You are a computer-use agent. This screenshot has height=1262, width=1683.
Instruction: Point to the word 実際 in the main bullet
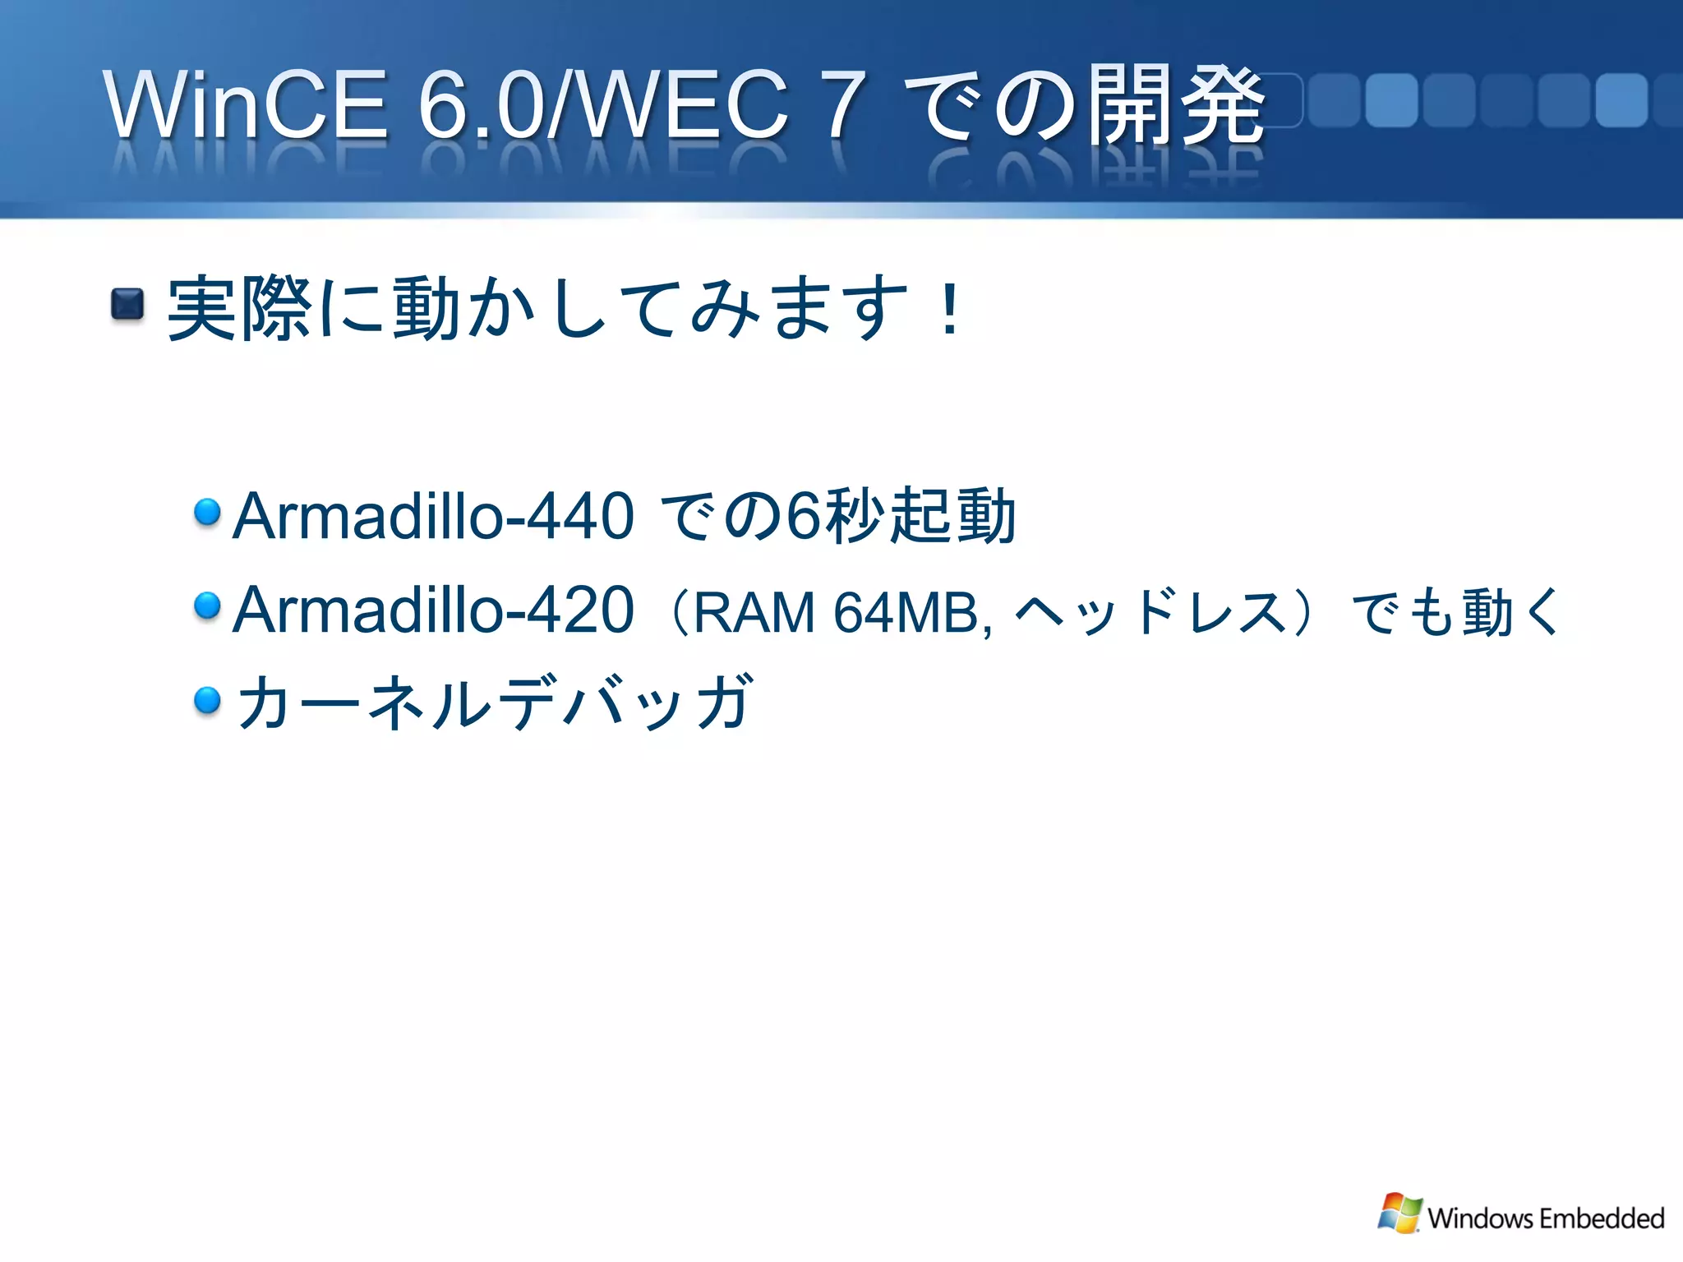tap(238, 309)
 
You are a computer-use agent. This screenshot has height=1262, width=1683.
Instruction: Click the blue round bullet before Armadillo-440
tap(207, 512)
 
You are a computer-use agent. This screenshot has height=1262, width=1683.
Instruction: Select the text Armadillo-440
tap(433, 516)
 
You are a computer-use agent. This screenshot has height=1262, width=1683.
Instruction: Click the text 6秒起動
tap(901, 516)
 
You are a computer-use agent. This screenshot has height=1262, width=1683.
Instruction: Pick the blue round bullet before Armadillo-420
tap(207, 606)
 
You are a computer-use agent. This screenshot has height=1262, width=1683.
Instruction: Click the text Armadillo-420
tap(433, 610)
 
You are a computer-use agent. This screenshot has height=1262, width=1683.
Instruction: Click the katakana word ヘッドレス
tap(1150, 613)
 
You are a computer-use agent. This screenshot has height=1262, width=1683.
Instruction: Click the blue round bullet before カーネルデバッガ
tap(207, 700)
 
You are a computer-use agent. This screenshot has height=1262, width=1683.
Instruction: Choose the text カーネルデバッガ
tap(493, 702)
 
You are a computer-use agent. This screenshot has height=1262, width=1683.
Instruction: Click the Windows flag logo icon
tap(1399, 1214)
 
